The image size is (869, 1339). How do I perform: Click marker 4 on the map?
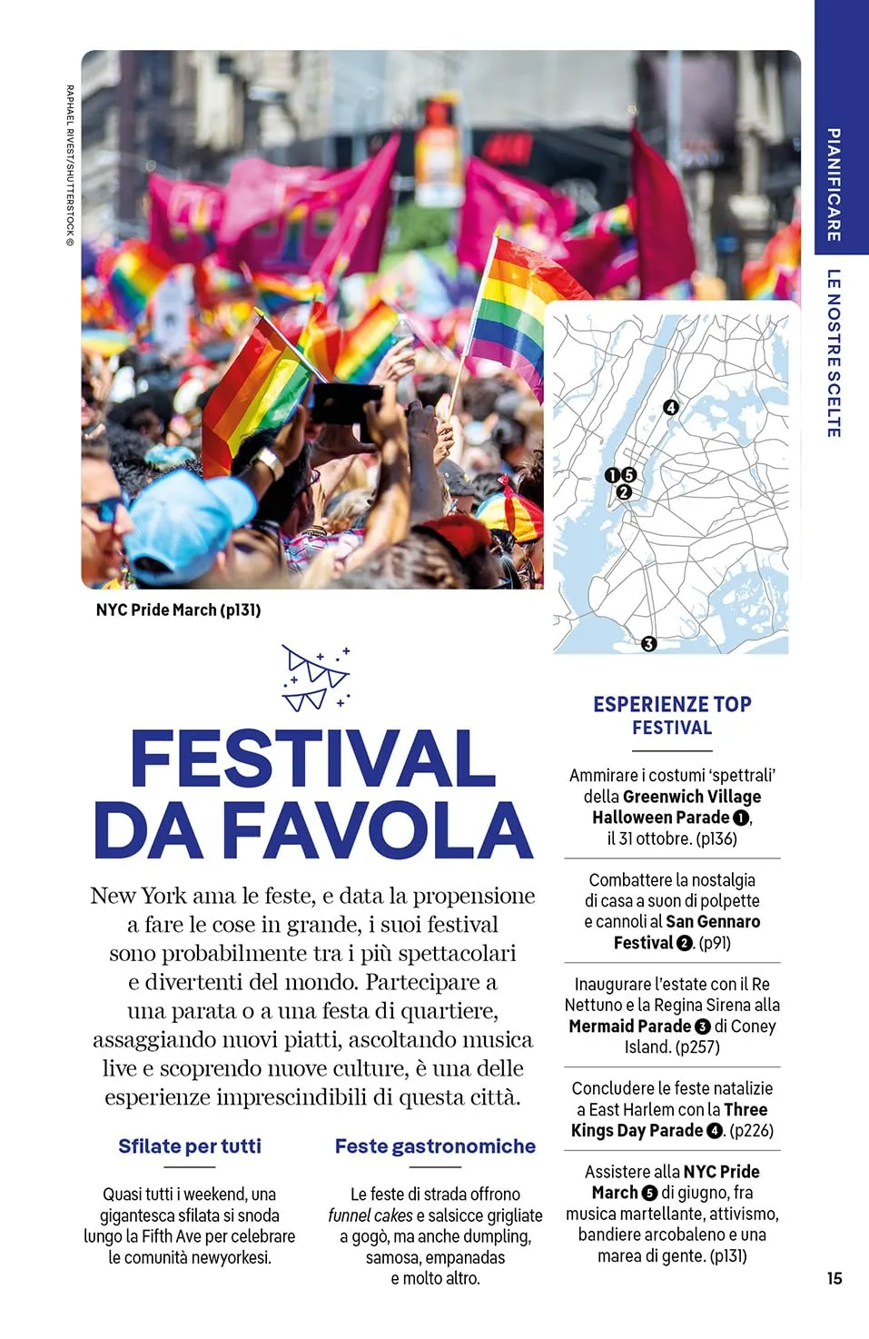671,407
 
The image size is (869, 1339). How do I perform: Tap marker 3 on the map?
648,643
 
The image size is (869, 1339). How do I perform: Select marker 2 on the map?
623,492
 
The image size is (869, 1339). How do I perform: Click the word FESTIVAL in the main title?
313,759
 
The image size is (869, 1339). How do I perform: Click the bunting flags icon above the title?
316,679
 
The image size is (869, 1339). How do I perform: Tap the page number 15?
834,1278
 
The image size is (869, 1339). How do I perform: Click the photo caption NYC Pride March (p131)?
178,610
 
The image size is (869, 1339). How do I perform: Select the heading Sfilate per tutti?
189,1146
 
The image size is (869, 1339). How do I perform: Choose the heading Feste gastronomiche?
435,1146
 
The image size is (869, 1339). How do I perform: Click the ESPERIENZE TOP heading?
672,704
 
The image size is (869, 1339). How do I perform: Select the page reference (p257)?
697,1046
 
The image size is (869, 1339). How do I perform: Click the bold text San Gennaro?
713,921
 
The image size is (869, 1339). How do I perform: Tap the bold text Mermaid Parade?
630,1026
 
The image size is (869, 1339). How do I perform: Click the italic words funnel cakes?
370,1215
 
